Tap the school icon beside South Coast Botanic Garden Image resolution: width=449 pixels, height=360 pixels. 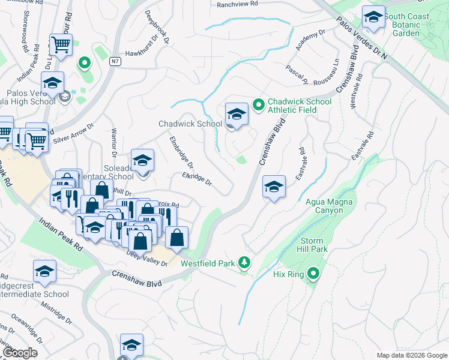[x=373, y=19]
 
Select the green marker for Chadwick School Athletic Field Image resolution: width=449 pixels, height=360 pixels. [x=259, y=105]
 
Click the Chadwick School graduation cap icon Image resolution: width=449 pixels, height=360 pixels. [x=237, y=114]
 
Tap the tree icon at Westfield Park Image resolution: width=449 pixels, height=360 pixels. [x=244, y=262]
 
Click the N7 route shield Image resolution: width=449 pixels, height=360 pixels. [x=115, y=61]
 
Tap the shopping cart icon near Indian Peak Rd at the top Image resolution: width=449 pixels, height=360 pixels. [x=61, y=44]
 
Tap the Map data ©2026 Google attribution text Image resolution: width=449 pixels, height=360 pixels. [x=411, y=355]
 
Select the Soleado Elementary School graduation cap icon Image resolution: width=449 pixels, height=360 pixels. [x=142, y=160]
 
